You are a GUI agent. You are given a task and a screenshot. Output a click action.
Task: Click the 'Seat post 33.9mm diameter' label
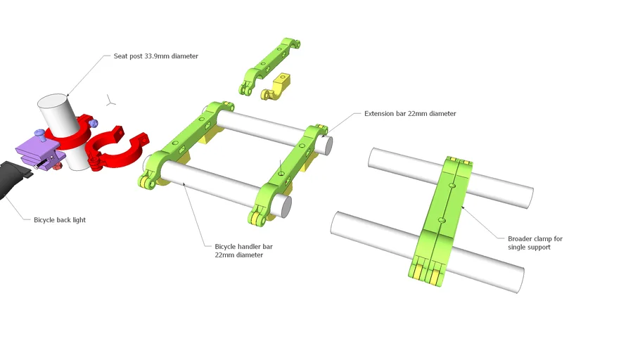click(155, 56)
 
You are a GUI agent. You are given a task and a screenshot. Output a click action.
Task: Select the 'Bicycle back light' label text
click(60, 220)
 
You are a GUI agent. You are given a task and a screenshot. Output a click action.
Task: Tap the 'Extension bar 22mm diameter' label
click(409, 113)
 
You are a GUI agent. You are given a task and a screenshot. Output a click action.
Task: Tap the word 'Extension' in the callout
click(380, 113)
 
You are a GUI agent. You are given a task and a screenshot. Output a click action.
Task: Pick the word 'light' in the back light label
click(79, 220)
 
